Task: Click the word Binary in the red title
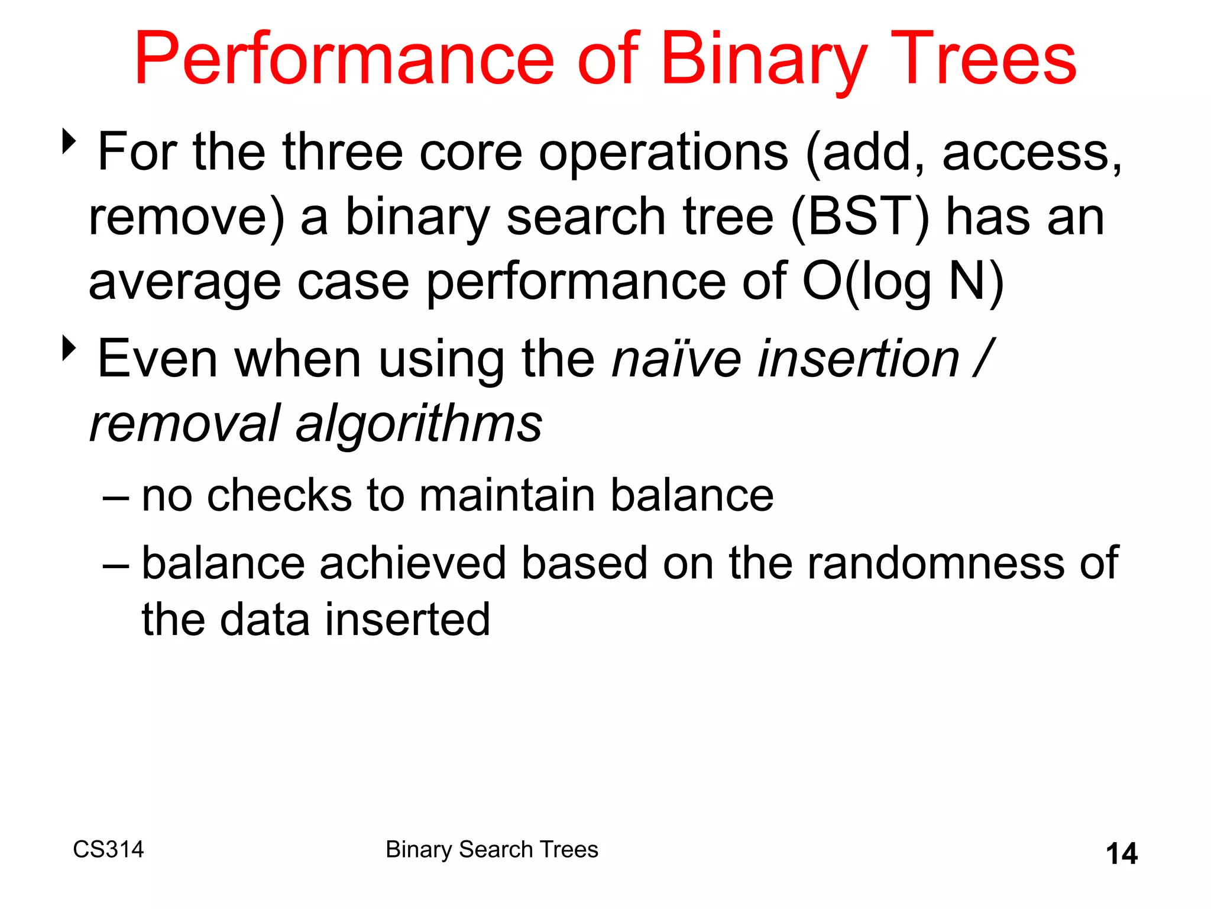pyautogui.click(x=763, y=59)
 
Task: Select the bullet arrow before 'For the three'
pyautogui.click(x=69, y=142)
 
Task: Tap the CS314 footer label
pyautogui.click(x=108, y=849)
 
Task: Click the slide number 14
pyautogui.click(x=1121, y=853)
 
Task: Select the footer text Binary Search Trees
pyautogui.click(x=492, y=849)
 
